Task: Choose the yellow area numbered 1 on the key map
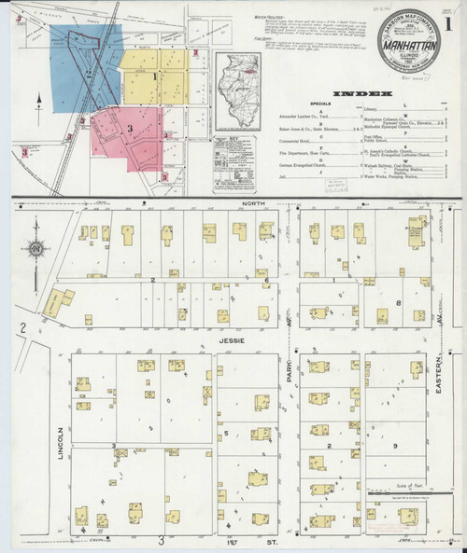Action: tap(154, 75)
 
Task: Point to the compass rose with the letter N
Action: tap(35, 249)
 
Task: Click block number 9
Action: tap(396, 447)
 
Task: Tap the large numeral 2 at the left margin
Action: tap(21, 327)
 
